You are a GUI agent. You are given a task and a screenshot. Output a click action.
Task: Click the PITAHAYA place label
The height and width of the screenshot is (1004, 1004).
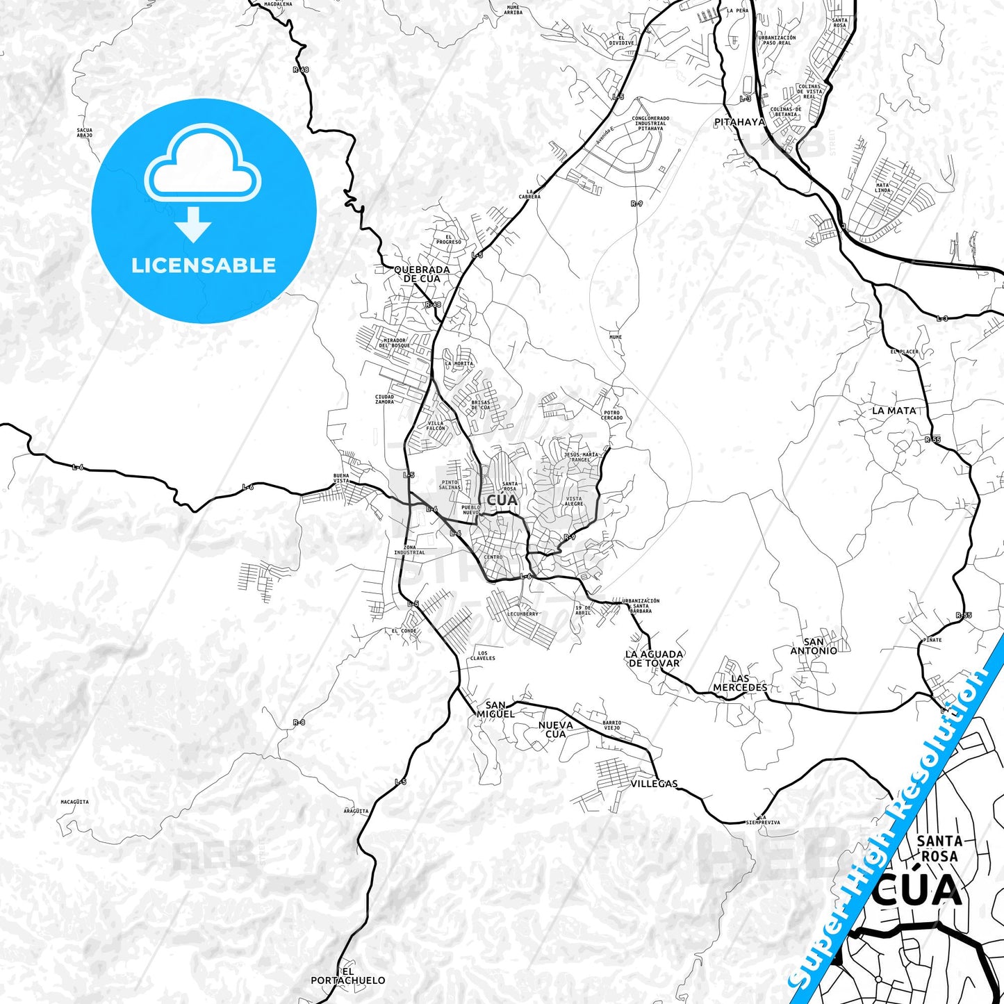tap(739, 122)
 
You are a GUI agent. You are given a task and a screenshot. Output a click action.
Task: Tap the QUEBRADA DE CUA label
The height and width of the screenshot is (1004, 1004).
tap(422, 274)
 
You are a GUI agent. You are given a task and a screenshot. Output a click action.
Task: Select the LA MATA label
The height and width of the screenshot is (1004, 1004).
tap(894, 411)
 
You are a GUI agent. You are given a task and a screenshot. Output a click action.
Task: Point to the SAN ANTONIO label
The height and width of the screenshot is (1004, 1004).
tap(814, 646)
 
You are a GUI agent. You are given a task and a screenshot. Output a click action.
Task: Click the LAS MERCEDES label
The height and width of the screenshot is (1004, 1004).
tap(740, 683)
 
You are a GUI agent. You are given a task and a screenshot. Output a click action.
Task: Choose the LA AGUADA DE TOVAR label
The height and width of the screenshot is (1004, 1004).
tap(654, 658)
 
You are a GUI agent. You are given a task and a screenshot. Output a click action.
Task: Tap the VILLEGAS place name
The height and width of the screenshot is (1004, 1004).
tap(654, 783)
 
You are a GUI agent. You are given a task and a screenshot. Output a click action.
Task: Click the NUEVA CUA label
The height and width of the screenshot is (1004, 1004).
tap(555, 729)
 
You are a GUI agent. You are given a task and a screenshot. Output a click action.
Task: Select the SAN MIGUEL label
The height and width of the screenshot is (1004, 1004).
tap(495, 709)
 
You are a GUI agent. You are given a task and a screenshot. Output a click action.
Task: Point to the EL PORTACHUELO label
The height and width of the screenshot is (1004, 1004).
tap(347, 976)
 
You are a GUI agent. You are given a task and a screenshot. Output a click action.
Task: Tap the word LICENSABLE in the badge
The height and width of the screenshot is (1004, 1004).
tap(204, 265)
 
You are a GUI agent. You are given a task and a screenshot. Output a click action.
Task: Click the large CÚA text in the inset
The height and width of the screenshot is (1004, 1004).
tap(917, 892)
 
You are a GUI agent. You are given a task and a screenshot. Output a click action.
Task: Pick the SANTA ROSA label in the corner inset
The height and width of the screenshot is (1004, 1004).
tap(939, 848)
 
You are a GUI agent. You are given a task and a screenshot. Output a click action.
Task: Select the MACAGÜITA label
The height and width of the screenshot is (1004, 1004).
tap(74, 802)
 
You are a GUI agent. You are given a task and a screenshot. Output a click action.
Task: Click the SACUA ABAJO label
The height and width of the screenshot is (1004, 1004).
tap(85, 133)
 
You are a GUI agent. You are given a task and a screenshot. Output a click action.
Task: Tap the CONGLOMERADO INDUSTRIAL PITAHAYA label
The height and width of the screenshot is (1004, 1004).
tap(650, 123)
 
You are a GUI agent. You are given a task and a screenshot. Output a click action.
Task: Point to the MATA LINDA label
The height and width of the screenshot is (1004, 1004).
tap(882, 188)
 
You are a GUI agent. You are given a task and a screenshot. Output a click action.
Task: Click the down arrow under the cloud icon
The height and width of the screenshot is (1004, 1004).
tap(193, 224)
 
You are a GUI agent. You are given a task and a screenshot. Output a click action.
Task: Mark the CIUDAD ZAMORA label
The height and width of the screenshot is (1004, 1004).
tap(384, 399)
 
